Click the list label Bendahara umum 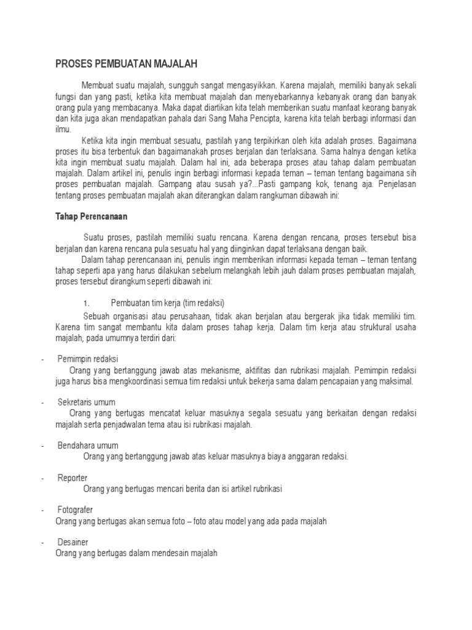point(88,445)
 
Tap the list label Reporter point(73,477)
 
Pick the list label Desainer point(73,542)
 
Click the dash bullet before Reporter point(42,478)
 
